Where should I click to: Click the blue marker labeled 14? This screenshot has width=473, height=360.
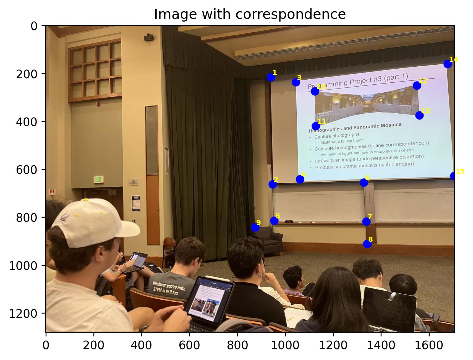(x=448, y=64)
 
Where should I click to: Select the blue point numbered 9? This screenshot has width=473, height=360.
(x=255, y=228)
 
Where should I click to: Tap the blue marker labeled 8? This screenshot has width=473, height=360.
(x=367, y=244)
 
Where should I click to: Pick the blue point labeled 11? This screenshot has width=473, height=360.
(x=316, y=126)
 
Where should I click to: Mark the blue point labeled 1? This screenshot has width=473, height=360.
(x=271, y=77)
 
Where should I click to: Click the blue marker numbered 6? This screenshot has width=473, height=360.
(x=364, y=182)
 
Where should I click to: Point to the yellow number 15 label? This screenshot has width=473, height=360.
(x=460, y=171)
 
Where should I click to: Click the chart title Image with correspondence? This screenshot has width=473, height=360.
(x=250, y=14)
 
